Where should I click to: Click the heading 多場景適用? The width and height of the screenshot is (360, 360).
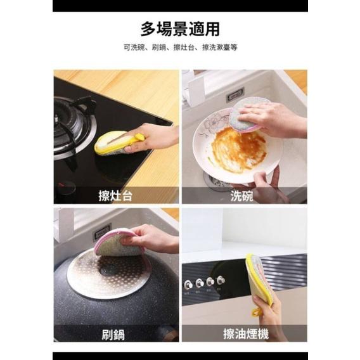click(179, 29)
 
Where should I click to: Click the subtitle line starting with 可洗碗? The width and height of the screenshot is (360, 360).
click(179, 48)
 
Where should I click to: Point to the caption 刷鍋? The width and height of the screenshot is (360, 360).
click(116, 334)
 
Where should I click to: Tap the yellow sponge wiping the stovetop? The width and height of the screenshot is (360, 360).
click(111, 143)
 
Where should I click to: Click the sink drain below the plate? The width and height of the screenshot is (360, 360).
click(219, 184)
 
